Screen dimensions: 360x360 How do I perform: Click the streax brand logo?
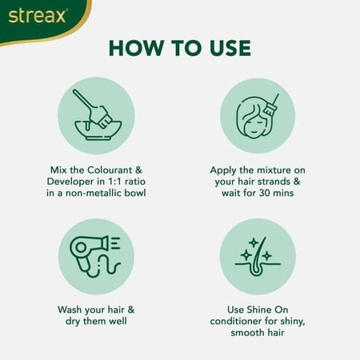(38, 16)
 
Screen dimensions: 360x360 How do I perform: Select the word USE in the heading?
(230, 48)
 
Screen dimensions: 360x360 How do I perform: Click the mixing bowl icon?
(98, 115)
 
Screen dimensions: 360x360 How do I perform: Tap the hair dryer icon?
(95, 256)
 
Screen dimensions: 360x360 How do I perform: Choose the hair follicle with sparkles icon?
(258, 256)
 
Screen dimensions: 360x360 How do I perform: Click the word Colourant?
(110, 170)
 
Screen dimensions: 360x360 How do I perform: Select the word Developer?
(70, 182)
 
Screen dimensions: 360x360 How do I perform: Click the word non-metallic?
(94, 193)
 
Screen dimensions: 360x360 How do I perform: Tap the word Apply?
(223, 170)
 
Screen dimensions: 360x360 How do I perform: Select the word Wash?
(69, 310)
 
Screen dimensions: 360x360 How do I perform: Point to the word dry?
(73, 322)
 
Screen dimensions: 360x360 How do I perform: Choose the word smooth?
(247, 333)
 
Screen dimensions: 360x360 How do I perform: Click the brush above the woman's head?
(271, 106)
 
